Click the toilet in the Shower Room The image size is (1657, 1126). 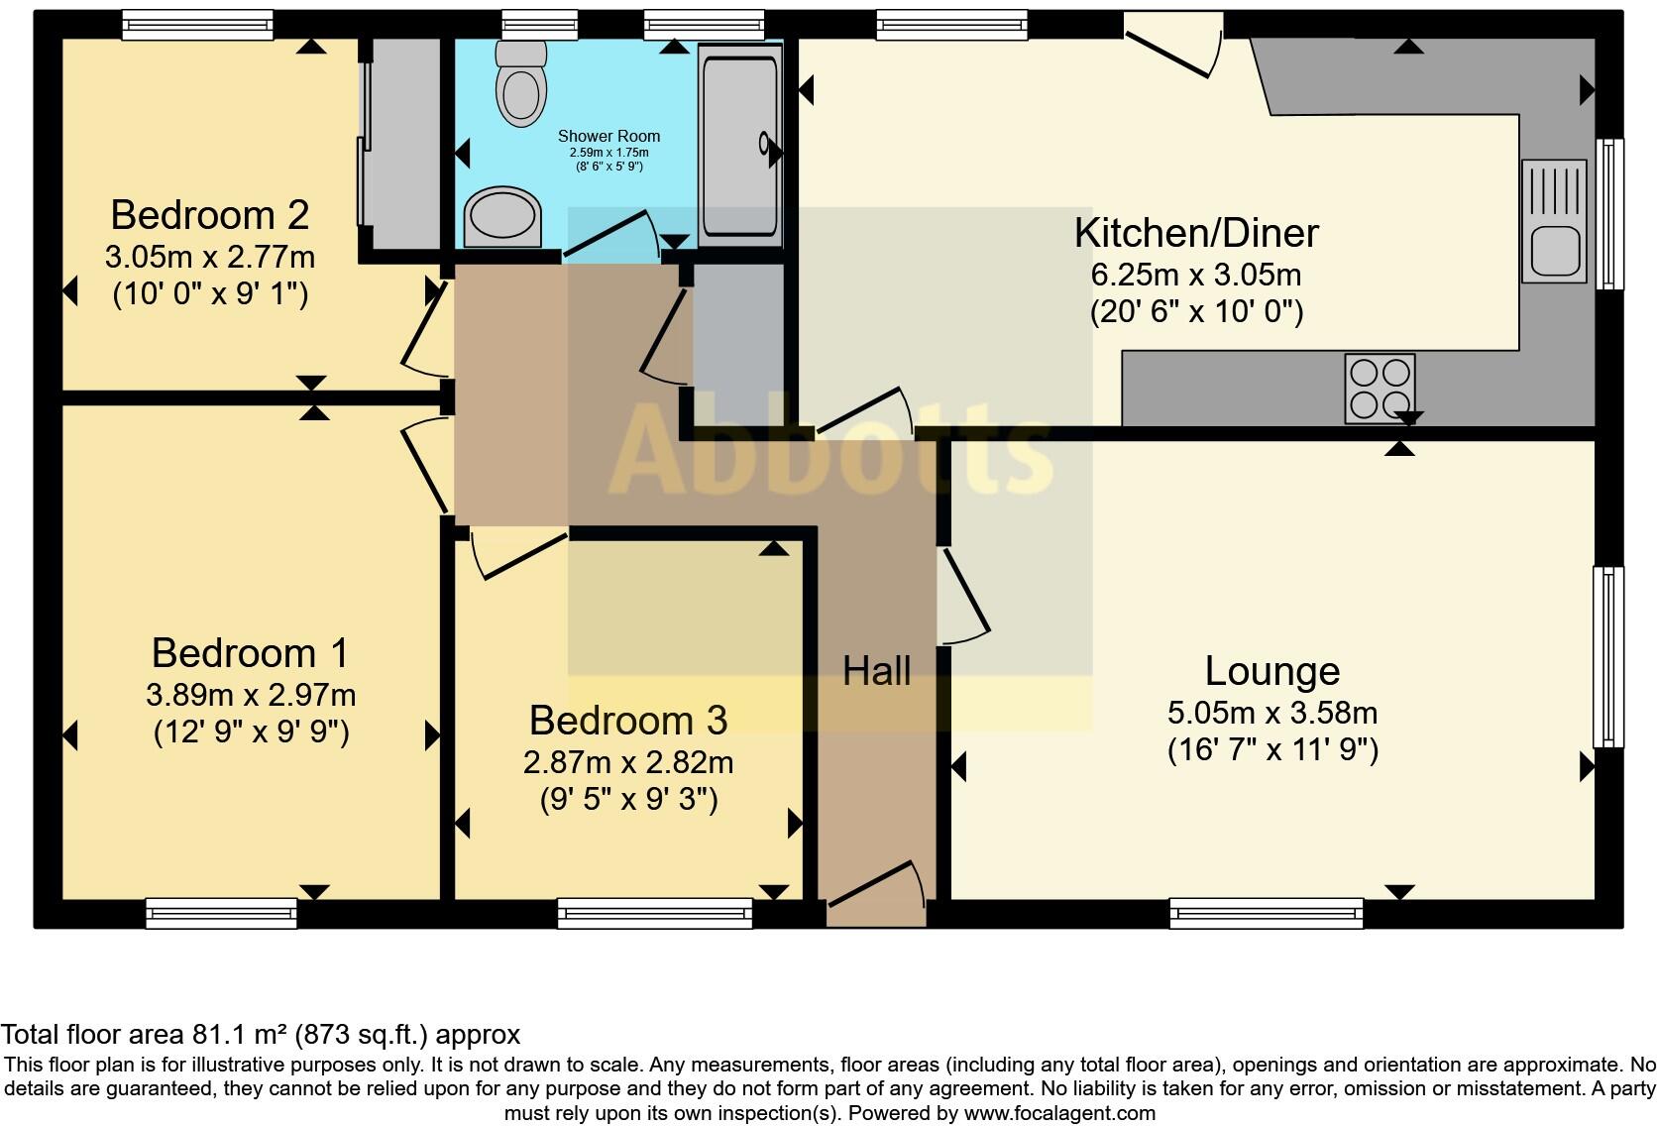point(520,83)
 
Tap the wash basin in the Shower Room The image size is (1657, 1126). point(502,216)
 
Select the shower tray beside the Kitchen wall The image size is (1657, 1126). point(739,145)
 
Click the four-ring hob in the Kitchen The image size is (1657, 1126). point(1380,389)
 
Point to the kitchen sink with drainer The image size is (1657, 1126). point(1554,221)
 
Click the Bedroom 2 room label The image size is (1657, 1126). point(210,215)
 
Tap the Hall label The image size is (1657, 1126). point(877,671)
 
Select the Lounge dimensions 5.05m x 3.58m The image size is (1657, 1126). point(1272,714)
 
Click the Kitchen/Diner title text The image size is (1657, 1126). point(1196,233)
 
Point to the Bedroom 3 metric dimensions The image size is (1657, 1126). point(628,763)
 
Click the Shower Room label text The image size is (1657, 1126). point(608,136)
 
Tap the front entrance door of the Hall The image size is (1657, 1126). point(876,891)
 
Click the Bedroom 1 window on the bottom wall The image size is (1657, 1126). point(221,913)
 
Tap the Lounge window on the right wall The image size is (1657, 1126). point(1608,657)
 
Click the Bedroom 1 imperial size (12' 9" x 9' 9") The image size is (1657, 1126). point(252,732)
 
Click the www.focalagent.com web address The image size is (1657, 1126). point(1059,1113)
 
